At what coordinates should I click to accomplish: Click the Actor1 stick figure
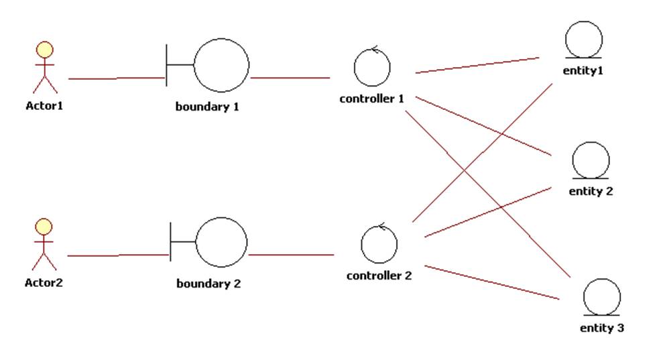click(x=45, y=68)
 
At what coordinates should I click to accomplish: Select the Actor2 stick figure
click(x=44, y=245)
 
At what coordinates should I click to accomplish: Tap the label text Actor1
click(x=44, y=105)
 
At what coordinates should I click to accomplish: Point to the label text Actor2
click(x=44, y=282)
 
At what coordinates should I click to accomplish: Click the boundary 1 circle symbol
click(x=221, y=66)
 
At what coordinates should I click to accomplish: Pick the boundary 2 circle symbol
click(x=221, y=243)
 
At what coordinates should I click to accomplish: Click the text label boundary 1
click(x=207, y=107)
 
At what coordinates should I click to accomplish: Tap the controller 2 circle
click(x=379, y=244)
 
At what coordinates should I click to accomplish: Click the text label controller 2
click(x=379, y=276)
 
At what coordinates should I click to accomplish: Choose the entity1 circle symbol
click(x=584, y=40)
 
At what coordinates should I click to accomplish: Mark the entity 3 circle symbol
click(x=601, y=297)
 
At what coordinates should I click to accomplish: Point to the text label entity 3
click(x=601, y=328)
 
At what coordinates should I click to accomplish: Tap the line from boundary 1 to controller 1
click(x=290, y=78)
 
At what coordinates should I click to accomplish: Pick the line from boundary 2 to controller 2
click(x=290, y=255)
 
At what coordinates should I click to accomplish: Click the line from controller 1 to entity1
click(x=477, y=64)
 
